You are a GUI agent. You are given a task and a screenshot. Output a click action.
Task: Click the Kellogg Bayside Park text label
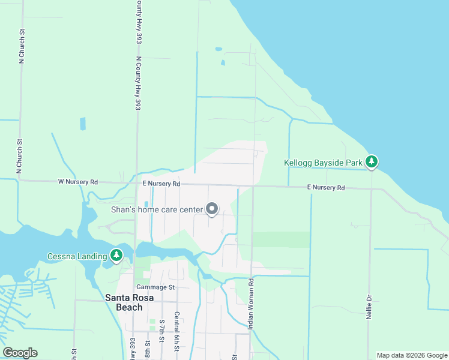pyautogui.click(x=323, y=163)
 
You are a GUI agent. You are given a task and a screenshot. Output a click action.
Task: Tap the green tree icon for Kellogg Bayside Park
pyautogui.click(x=372, y=161)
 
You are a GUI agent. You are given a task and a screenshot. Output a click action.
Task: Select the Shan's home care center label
pyautogui.click(x=157, y=209)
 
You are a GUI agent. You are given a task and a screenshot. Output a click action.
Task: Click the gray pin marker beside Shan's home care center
pyautogui.click(x=212, y=209)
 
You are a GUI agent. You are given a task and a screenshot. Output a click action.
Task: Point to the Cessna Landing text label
pyautogui.click(x=77, y=257)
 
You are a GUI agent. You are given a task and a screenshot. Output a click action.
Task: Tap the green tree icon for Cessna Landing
pyautogui.click(x=116, y=256)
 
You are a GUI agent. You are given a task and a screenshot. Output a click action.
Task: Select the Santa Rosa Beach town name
pyautogui.click(x=124, y=302)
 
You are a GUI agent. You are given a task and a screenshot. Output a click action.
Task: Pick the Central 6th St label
pyautogui.click(x=177, y=332)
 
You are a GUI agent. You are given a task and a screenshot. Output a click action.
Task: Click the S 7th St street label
pyautogui.click(x=161, y=331)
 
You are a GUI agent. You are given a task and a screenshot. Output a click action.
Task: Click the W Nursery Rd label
pyautogui.click(x=77, y=181)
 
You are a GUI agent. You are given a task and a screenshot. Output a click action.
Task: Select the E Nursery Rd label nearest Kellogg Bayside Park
pyautogui.click(x=326, y=188)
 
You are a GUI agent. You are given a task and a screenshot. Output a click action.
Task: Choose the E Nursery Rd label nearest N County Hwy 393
pyautogui.click(x=161, y=184)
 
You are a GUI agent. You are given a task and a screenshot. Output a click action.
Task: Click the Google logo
pyautogui.click(x=20, y=353)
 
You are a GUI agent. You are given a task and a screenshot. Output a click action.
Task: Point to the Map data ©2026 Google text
pyautogui.click(x=412, y=355)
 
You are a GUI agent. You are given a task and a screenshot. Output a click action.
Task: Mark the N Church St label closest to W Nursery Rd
pyautogui.click(x=20, y=157)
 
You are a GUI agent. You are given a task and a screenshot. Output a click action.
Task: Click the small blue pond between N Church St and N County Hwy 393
pyautogui.click(x=82, y=124)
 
